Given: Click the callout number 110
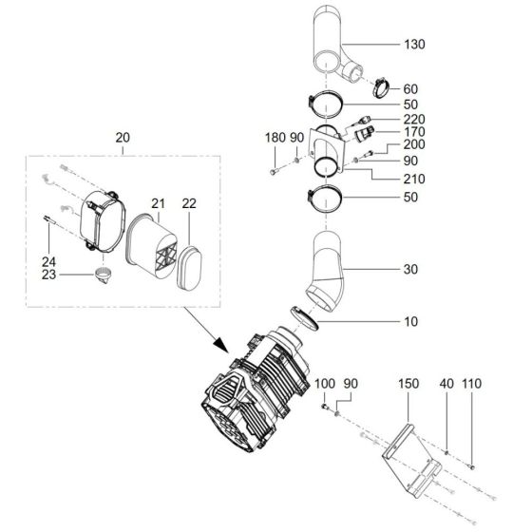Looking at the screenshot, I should [473, 384].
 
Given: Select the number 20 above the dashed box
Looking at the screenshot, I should [123, 139].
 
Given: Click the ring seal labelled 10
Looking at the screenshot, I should [307, 319].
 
